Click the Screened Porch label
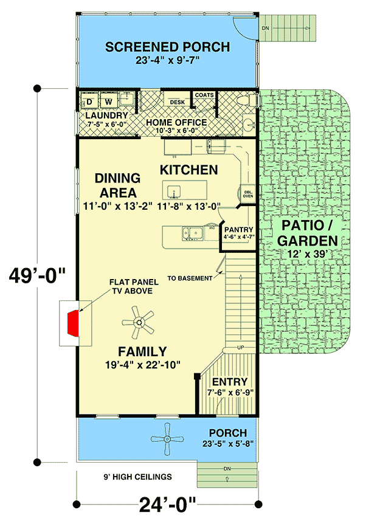[167, 47]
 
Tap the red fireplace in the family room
[74, 322]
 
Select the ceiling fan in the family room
[142, 322]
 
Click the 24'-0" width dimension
[167, 504]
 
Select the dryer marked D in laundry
[89, 100]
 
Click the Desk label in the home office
[177, 102]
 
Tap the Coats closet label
[204, 95]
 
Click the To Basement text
[190, 278]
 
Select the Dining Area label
[117, 185]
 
